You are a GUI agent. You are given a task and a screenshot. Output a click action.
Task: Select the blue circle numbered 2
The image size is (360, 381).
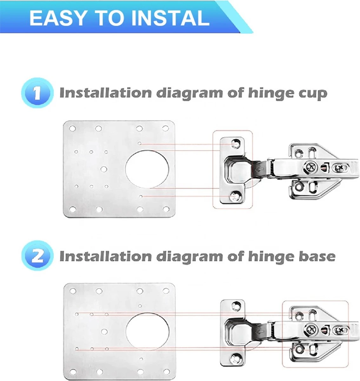tap(37, 256)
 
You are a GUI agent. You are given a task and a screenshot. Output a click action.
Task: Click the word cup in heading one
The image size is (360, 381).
tap(314, 93)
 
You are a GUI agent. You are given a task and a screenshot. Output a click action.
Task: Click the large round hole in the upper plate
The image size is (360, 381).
tap(147, 169)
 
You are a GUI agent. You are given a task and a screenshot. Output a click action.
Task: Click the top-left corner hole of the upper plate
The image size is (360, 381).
tap(72, 129)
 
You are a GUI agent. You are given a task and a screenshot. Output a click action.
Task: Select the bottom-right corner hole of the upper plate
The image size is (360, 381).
tap(166, 209)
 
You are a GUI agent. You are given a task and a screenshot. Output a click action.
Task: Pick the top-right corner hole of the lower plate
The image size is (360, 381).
tap(166, 291)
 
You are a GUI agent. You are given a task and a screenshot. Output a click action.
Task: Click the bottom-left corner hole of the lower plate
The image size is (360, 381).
tap(73, 372)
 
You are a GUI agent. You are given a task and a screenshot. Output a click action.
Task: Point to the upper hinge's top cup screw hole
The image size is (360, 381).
tap(236, 144)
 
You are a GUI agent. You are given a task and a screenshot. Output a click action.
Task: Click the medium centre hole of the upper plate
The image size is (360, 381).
tap(104, 169)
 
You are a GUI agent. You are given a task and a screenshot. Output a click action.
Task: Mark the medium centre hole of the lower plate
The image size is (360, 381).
tap(104, 331)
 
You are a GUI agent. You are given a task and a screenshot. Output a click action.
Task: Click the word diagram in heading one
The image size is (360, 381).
tap(190, 93)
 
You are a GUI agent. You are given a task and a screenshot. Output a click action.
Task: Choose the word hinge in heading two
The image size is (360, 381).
tap(271, 257)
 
